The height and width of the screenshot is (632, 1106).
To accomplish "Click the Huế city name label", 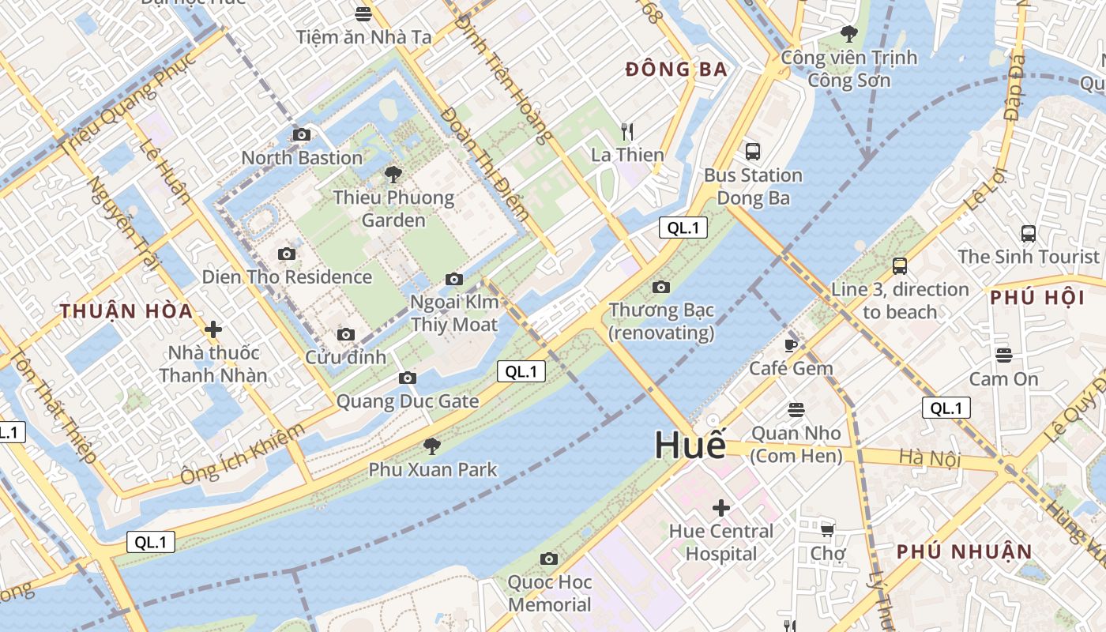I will click(x=690, y=445).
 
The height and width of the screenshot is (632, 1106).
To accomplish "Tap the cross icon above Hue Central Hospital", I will click(x=720, y=507).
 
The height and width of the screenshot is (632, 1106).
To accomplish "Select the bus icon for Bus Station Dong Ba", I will click(x=752, y=151).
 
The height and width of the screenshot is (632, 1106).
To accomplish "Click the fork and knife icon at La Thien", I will click(x=627, y=131).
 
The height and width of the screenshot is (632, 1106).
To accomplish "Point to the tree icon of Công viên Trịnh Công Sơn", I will click(x=849, y=33).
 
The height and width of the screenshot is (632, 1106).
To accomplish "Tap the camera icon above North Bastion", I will click(x=301, y=135).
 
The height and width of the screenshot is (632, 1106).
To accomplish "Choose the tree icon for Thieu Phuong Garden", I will click(x=393, y=175).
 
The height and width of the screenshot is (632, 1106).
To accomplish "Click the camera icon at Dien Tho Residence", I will click(x=287, y=254).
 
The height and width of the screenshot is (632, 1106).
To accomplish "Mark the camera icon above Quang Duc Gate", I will click(x=408, y=378).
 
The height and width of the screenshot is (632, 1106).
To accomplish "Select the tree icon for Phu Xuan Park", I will click(x=432, y=446).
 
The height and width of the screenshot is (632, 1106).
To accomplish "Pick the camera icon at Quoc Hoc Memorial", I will click(x=549, y=559).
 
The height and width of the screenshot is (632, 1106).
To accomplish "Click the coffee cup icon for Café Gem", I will click(x=791, y=345).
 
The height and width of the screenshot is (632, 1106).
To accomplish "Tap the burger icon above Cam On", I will click(x=1003, y=355).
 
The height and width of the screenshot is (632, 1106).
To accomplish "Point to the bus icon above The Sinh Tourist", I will click(x=1028, y=234).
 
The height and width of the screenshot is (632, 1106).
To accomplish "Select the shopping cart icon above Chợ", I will click(x=827, y=530).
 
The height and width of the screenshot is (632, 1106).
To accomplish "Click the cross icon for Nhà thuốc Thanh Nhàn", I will click(x=213, y=329).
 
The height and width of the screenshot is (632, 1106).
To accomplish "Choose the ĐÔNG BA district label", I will click(x=676, y=70).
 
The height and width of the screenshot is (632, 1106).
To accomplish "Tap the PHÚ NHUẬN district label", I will click(x=964, y=551).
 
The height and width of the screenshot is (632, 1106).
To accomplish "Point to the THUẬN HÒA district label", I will click(x=126, y=311).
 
